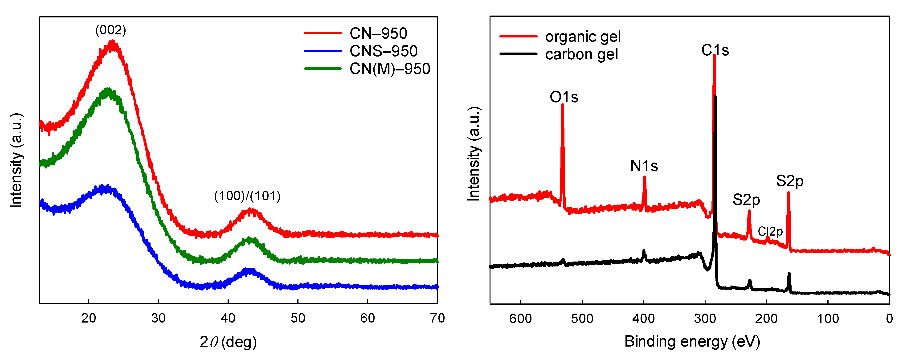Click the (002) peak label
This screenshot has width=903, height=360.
(x=110, y=30)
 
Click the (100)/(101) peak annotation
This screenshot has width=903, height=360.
(x=247, y=196)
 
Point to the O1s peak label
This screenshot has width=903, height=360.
(x=564, y=97)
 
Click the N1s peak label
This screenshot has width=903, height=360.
(x=644, y=166)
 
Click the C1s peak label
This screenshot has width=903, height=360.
(x=715, y=50)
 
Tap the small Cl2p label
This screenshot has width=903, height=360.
(x=770, y=231)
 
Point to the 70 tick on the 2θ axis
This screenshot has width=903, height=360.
(x=437, y=318)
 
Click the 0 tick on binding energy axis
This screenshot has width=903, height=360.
(x=889, y=319)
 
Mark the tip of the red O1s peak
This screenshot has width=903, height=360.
(x=562, y=104)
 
